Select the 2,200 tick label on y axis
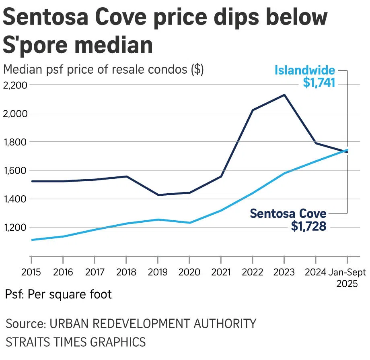click(x=15, y=85)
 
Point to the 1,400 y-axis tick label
click(x=15, y=199)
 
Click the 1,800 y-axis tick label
click(x=15, y=142)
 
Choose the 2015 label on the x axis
click(x=31, y=273)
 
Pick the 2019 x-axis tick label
click(x=157, y=273)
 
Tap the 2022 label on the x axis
click(x=252, y=273)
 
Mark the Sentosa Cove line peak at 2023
click(x=284, y=95)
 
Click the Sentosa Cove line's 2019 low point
click(x=158, y=195)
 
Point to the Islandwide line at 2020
click(x=189, y=223)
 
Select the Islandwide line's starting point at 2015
click(x=31, y=240)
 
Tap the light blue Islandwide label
click(x=304, y=70)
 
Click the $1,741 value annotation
click(x=319, y=83)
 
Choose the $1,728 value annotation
click(x=309, y=226)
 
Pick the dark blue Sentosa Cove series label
click(x=288, y=213)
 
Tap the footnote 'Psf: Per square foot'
click(x=59, y=294)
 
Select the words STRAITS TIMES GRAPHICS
click(x=76, y=342)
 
